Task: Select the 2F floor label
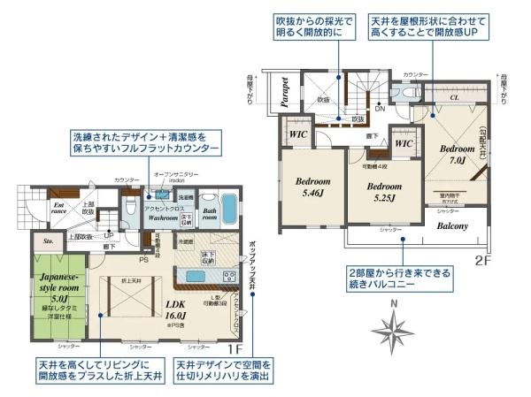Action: (484, 260)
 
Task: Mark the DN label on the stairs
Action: (380, 109)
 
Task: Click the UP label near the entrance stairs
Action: (109, 234)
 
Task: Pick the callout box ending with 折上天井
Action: (100, 370)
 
